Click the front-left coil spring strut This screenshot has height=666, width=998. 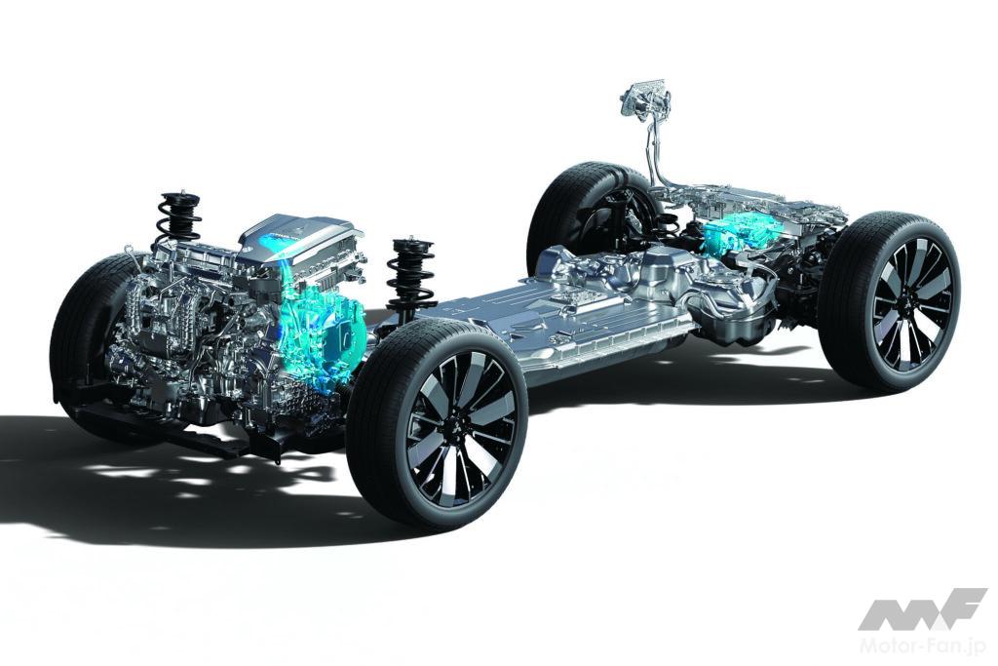[179, 218]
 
